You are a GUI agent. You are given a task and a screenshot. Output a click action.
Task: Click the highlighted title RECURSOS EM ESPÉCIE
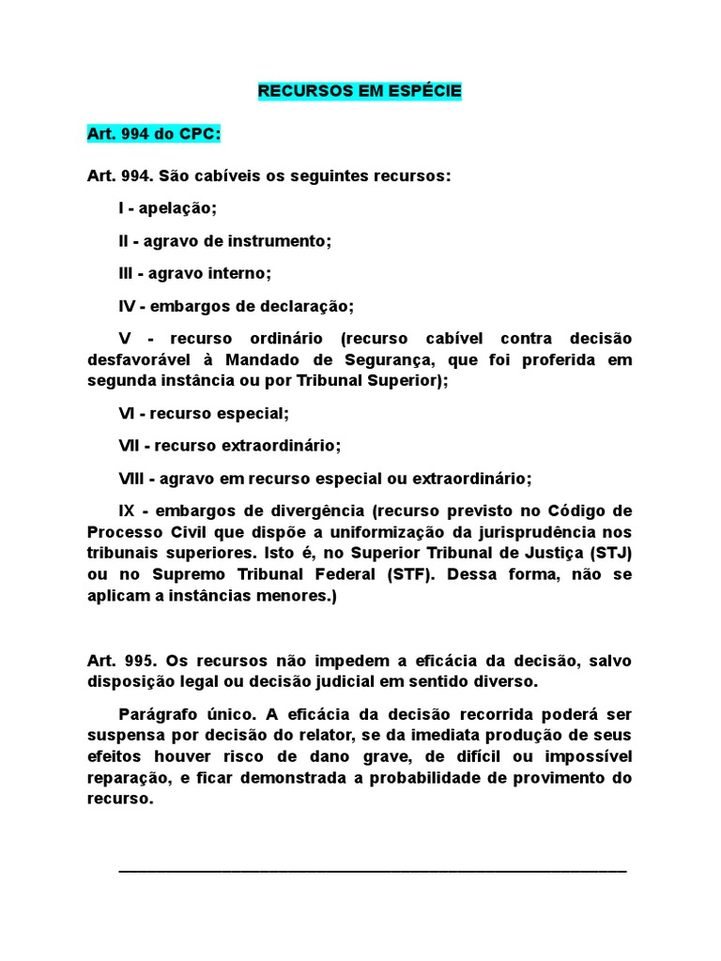[360, 92]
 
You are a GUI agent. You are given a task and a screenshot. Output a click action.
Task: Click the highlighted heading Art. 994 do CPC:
[153, 134]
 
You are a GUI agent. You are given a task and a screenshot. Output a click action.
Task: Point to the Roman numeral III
[127, 273]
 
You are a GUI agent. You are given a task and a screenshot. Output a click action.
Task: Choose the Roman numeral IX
[128, 511]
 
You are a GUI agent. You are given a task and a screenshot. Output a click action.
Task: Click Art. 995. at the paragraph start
[117, 660]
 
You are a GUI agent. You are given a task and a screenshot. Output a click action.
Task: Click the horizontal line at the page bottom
[372, 872]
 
